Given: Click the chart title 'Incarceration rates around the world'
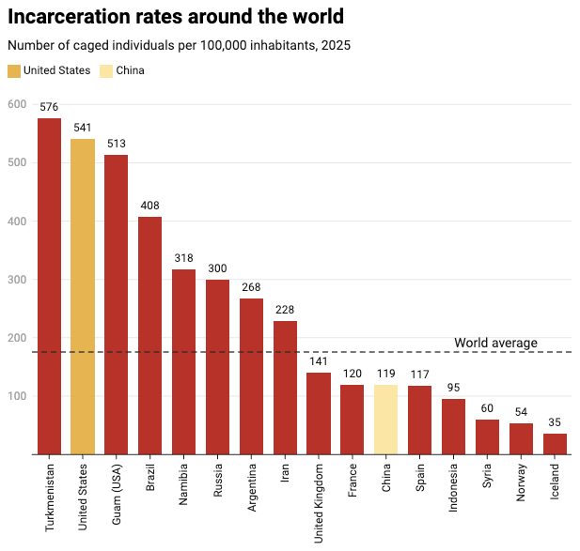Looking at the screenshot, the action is click(x=176, y=17).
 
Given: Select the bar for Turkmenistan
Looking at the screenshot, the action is click(x=50, y=286).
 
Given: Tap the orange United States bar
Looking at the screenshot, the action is click(x=83, y=297).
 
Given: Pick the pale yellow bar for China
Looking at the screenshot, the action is click(x=385, y=420).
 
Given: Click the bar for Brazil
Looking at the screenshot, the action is click(x=149, y=335).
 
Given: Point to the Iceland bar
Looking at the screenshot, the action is click(x=555, y=444).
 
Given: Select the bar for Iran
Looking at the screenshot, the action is click(x=285, y=388).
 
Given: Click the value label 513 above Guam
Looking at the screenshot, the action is click(x=117, y=144).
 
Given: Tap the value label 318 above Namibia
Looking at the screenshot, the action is click(x=184, y=258).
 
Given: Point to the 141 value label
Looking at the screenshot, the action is click(x=319, y=361).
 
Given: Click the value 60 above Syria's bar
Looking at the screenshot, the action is click(x=487, y=408).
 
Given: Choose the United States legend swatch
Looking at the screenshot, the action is click(x=14, y=71).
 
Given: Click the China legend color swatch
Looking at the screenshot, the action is click(x=106, y=71).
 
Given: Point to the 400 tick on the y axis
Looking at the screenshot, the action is click(x=17, y=222).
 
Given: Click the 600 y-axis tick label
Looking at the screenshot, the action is click(x=17, y=104).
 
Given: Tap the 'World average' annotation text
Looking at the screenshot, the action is click(x=495, y=343).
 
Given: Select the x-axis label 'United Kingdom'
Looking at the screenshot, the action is click(x=319, y=504).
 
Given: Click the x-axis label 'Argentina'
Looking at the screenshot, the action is click(x=252, y=488).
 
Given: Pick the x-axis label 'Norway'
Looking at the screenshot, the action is click(x=521, y=482).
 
